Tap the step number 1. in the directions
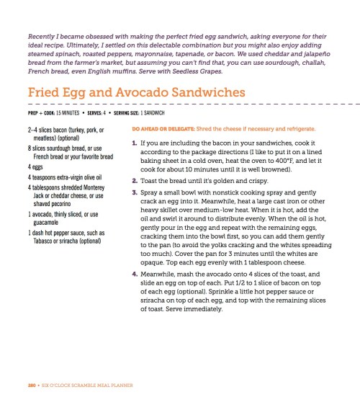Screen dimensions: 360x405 pos(135,144)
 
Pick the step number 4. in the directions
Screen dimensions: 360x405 pos(135,293)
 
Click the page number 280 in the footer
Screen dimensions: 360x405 pos(30,386)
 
